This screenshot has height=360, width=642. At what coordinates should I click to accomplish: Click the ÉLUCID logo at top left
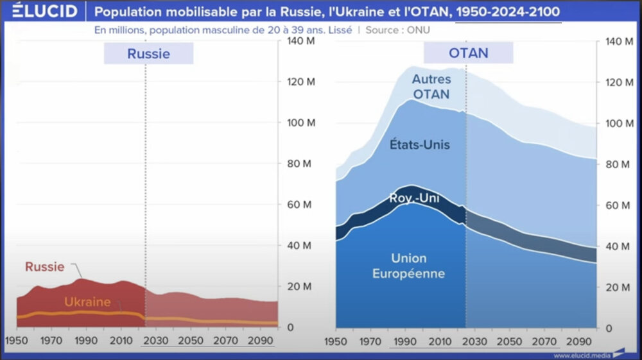39,11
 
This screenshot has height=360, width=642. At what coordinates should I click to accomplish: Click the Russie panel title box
148,53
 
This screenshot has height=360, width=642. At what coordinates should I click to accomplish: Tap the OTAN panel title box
469,53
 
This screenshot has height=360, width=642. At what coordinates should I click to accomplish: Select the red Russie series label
45,267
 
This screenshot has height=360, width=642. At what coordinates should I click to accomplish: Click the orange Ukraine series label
87,302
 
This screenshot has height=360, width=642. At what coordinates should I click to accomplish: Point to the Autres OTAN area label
431,87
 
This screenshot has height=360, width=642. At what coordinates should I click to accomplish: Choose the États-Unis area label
420,144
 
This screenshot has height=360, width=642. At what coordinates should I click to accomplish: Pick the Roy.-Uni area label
414,199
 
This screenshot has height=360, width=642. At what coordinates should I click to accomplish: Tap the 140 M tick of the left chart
299,41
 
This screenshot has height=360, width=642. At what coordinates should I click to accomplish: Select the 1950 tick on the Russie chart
17,340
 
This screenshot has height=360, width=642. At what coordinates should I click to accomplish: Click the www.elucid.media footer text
580,355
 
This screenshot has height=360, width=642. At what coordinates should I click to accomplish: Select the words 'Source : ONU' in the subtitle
398,30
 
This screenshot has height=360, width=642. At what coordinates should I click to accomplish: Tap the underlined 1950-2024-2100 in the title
508,12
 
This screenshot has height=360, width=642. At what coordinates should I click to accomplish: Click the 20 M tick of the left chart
299,287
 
